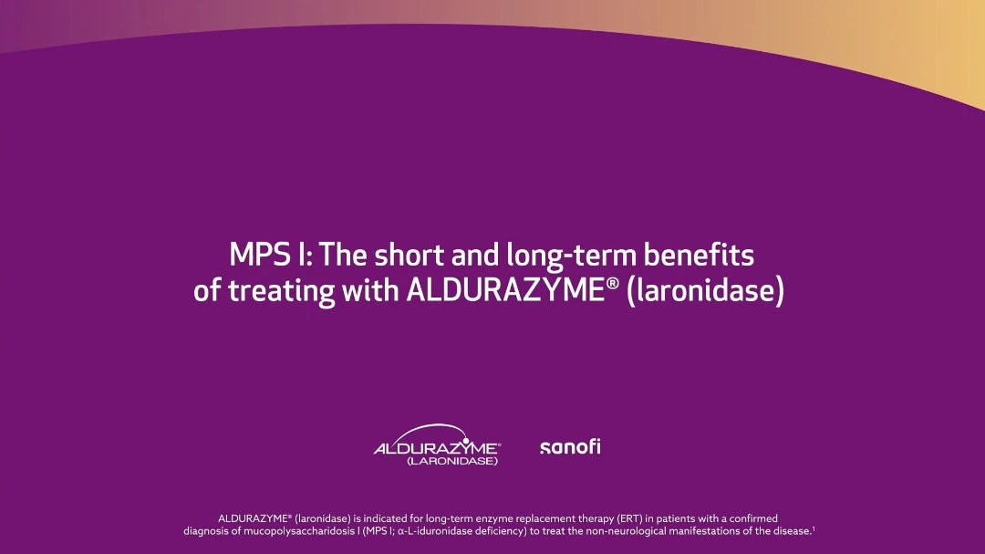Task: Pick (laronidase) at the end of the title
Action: [705, 291]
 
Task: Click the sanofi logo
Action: [570, 446]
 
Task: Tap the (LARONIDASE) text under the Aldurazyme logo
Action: [452, 461]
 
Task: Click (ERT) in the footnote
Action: [629, 518]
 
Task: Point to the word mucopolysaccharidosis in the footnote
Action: [298, 531]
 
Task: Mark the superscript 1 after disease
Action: [814, 528]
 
